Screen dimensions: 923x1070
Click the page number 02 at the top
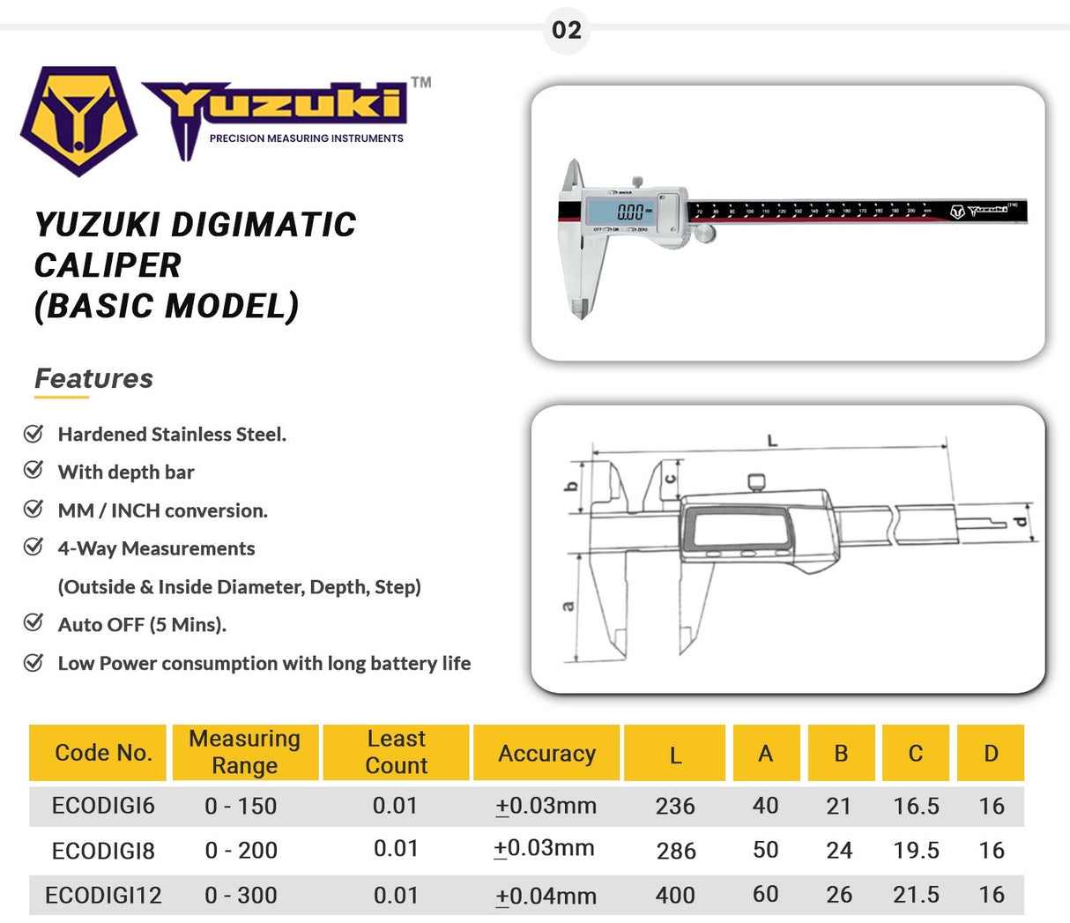(x=566, y=30)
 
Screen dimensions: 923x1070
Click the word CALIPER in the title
(x=108, y=265)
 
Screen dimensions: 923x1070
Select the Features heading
(x=93, y=378)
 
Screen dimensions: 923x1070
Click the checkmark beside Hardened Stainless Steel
(x=33, y=433)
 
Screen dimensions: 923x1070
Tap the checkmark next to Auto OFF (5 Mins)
(x=33, y=623)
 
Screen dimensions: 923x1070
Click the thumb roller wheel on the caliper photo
(x=705, y=233)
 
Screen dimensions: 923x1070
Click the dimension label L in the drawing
(x=773, y=440)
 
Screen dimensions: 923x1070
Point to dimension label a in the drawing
(x=568, y=606)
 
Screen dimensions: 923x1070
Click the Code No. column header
(x=103, y=753)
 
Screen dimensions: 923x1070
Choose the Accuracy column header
(x=546, y=754)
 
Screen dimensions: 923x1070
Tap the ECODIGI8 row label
(x=103, y=851)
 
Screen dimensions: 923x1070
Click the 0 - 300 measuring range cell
(x=241, y=896)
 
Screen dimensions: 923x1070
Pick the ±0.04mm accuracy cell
(x=546, y=897)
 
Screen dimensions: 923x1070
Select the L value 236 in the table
(x=675, y=807)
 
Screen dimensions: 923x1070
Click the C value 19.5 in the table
(x=916, y=851)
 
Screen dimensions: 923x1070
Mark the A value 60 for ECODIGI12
(x=765, y=895)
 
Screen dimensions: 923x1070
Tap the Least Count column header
(x=397, y=752)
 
